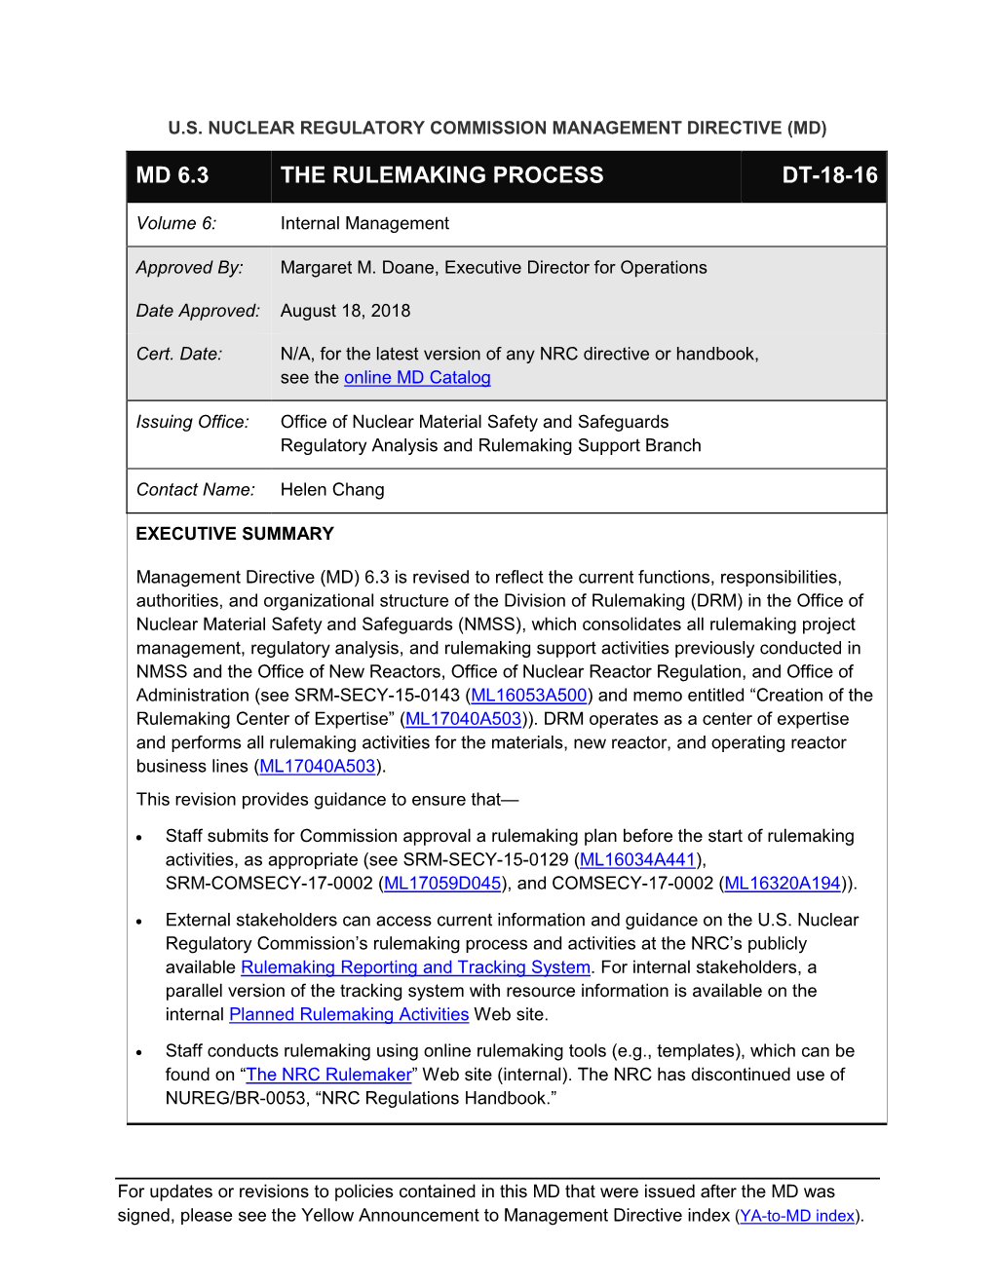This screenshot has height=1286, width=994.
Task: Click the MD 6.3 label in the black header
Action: [172, 175]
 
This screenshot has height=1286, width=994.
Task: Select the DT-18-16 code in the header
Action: [829, 175]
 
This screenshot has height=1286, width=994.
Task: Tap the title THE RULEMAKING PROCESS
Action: [441, 175]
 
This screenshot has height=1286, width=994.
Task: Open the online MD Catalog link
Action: [417, 378]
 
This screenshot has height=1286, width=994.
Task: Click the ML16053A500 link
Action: [529, 696]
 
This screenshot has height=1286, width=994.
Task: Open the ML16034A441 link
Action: [637, 860]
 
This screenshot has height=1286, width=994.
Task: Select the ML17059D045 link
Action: [442, 884]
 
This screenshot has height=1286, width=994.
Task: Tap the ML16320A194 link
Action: [783, 884]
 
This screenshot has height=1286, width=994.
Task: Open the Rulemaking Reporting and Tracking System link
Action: [415, 967]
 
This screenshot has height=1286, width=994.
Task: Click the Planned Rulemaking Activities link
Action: [349, 1015]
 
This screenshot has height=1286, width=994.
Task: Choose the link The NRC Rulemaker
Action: [328, 1075]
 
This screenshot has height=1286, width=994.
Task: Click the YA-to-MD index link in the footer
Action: [797, 1216]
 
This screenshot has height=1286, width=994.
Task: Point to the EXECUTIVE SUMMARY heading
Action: [235, 534]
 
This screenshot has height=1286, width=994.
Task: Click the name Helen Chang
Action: [332, 490]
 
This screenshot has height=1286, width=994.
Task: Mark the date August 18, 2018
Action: [345, 311]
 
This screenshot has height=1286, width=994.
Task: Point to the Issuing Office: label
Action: [193, 422]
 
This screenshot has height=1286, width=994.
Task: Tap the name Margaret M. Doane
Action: [357, 268]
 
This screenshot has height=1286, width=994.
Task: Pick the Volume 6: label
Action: [176, 224]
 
